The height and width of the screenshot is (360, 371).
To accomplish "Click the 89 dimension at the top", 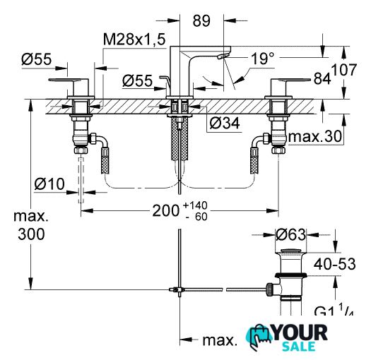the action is [201, 20].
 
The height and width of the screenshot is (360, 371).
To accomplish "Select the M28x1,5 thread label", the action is [134, 40].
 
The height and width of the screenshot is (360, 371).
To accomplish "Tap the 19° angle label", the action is [263, 59].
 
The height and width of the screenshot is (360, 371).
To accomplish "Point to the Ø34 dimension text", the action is [225, 123].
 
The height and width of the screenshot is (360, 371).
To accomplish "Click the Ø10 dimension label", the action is [49, 184].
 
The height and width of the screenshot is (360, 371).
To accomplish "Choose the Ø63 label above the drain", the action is [290, 235].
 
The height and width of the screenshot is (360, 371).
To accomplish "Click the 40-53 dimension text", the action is [334, 264].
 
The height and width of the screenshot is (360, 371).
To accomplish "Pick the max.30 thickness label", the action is [315, 136].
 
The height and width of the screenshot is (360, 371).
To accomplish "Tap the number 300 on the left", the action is [31, 234].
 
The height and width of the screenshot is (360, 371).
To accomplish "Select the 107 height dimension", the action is [343, 70].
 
